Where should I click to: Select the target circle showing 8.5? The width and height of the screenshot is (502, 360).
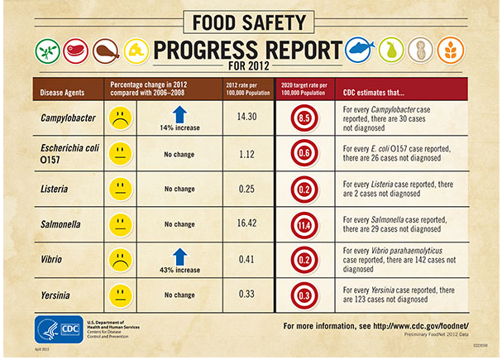(x=304, y=118)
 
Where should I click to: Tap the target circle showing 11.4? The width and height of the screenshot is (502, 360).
(x=304, y=224)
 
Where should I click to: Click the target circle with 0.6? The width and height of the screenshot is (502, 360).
(x=304, y=153)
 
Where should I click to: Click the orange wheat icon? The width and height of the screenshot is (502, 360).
(x=451, y=50)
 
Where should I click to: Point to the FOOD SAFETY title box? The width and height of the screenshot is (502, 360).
(x=251, y=18)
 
